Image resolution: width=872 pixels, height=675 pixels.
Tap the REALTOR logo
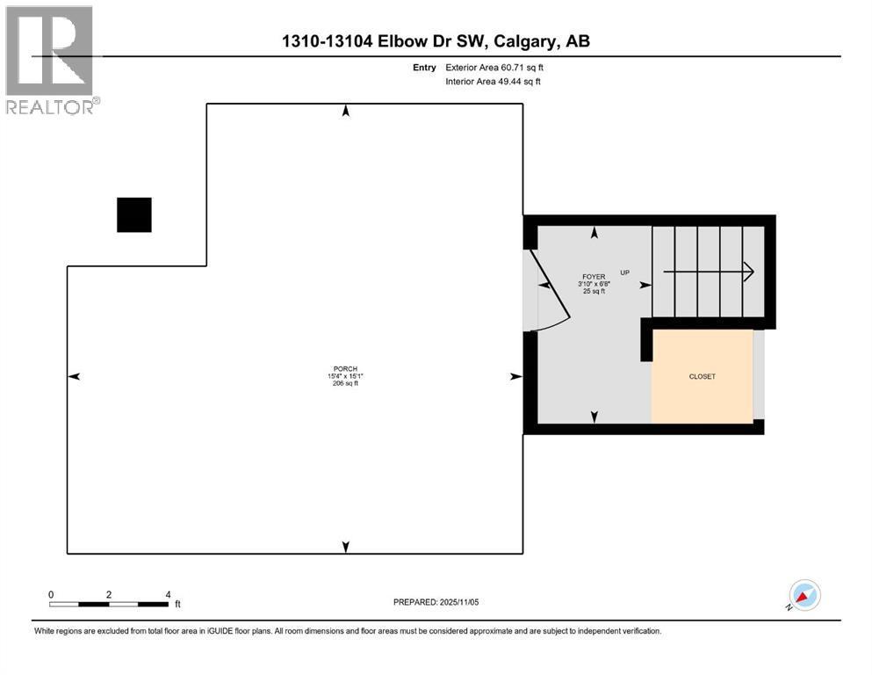[x=50, y=60]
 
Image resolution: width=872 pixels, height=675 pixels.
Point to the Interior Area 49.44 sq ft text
[x=493, y=82]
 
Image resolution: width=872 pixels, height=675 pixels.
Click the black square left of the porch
[x=134, y=214]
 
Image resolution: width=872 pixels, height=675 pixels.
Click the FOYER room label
[x=595, y=276]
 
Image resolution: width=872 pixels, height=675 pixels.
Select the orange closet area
[x=702, y=376]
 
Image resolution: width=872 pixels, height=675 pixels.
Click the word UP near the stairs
[x=625, y=272]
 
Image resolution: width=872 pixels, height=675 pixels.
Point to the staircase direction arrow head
[x=748, y=272]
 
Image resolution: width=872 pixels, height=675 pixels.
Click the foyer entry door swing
[x=546, y=294]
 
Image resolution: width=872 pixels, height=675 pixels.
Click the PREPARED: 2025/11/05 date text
[x=436, y=602]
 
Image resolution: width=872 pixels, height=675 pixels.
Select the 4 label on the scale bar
[x=167, y=594]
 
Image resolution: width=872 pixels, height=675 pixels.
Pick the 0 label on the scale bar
[x=51, y=594]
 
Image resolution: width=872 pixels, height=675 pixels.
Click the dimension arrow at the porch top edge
[x=346, y=111]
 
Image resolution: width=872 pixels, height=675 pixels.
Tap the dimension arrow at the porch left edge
[x=75, y=376]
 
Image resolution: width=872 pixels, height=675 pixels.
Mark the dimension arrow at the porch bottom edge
[x=346, y=547]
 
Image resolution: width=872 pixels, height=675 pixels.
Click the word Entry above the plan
[x=424, y=67]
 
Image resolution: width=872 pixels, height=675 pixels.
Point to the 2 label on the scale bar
[x=109, y=594]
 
